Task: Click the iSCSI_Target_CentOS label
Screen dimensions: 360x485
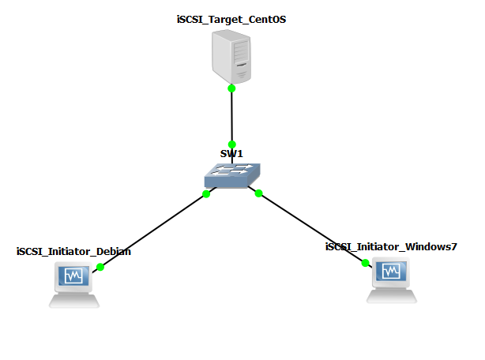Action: click(231, 19)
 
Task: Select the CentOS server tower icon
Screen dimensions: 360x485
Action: click(231, 54)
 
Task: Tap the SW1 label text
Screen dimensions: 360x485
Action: click(231, 152)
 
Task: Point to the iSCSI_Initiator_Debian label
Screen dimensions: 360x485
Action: click(73, 252)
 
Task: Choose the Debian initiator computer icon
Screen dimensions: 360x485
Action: click(74, 285)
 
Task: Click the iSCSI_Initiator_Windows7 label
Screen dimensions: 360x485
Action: click(391, 247)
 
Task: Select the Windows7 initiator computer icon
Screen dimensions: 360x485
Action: click(390, 281)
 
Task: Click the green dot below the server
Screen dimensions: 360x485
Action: click(231, 88)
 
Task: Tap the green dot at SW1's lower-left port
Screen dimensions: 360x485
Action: click(206, 193)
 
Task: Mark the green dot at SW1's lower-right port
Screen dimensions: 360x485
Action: click(258, 193)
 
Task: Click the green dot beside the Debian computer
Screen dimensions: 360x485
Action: click(100, 267)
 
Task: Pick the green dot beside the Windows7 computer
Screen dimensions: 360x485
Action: click(365, 263)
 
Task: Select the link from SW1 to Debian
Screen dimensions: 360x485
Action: click(152, 231)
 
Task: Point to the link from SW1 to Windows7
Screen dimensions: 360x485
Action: click(312, 228)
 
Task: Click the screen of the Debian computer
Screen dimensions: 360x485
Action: click(73, 276)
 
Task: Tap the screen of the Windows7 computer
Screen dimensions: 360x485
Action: click(390, 272)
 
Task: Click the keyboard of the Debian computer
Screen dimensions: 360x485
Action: click(74, 300)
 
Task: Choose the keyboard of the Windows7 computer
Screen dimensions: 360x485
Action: click(391, 296)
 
